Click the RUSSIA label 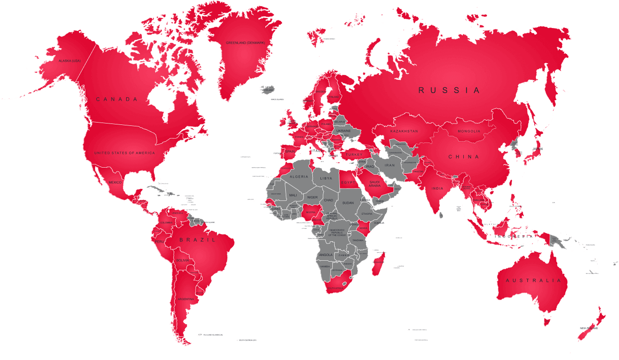449,90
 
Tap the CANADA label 117,99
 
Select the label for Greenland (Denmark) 245,43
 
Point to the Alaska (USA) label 70,61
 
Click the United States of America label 124,153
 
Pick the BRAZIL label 197,240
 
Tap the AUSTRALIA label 533,281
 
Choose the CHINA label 464,157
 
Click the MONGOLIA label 469,131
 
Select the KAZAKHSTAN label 404,131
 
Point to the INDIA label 437,189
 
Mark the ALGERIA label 299,177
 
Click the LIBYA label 326,178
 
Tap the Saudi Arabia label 375,183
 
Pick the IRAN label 389,165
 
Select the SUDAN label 348,203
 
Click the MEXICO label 115,182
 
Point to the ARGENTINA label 185,299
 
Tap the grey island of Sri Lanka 441,215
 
